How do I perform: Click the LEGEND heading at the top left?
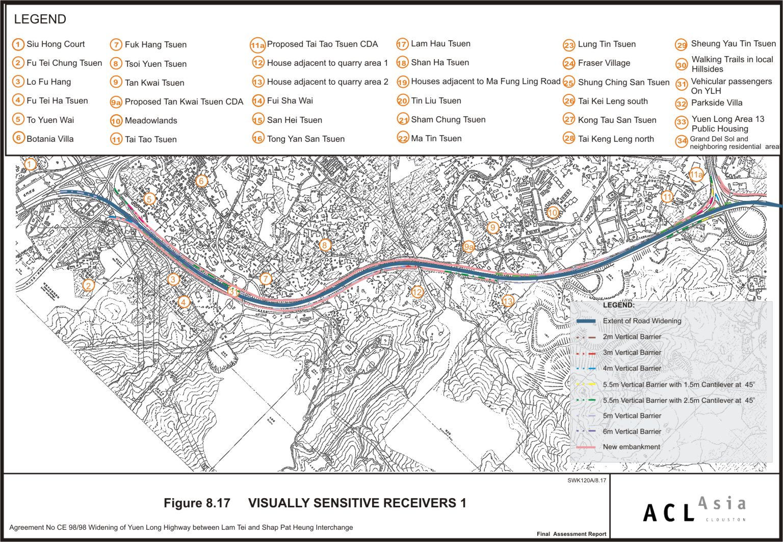[40, 19]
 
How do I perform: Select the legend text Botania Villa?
[50, 139]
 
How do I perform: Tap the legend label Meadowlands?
[151, 121]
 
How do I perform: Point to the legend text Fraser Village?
[604, 63]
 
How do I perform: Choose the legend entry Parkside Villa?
[716, 103]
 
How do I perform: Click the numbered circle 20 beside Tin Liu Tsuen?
[403, 101]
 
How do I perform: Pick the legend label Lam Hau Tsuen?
[440, 44]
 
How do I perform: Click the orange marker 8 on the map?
[324, 245]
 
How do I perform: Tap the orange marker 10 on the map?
[553, 213]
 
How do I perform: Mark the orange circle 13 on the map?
[507, 301]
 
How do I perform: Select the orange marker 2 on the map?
[89, 285]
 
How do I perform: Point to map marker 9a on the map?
[468, 247]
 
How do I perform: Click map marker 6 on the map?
[201, 181]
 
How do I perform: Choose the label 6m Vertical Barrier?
[632, 431]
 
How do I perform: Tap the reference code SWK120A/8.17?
[587, 480]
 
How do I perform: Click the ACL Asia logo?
[694, 509]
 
